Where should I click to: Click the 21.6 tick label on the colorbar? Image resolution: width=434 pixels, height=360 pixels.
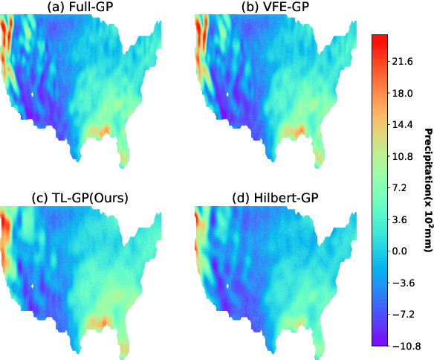[402, 62]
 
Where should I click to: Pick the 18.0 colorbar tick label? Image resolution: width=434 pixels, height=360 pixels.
[402, 94]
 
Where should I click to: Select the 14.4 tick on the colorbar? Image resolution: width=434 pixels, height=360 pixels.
[402, 125]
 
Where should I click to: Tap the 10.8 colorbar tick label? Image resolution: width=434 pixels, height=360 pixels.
[402, 157]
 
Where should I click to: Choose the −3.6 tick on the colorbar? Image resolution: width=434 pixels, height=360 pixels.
[401, 283]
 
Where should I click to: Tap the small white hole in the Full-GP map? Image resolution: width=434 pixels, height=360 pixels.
[33, 95]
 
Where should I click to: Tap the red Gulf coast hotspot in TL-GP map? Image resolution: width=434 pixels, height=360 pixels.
[101, 322]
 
